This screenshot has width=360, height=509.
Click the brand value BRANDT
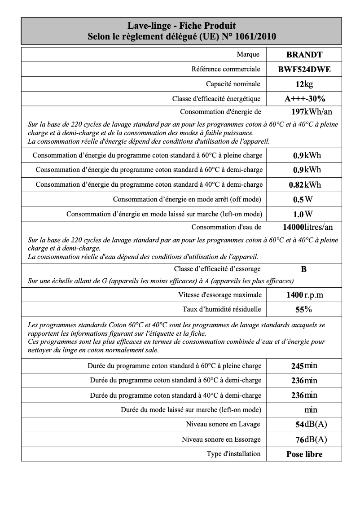tap(304, 55)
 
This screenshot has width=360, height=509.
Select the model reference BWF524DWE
tap(304, 70)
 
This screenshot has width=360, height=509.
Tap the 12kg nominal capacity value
tap(304, 84)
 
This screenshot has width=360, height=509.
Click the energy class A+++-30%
tap(304, 99)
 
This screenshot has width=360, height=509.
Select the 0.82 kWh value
tap(304, 184)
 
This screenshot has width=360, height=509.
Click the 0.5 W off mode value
tap(303, 199)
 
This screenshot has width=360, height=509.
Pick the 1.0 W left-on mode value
tap(303, 214)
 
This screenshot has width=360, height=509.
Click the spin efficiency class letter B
tap(304, 269)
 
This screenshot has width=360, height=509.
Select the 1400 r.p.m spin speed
tap(304, 295)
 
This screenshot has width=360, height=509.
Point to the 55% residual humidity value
tap(304, 309)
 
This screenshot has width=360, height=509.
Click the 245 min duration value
tap(304, 366)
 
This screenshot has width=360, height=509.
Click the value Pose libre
tap(304, 454)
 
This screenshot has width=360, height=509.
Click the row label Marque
tap(248, 55)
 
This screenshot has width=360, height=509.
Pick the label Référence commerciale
tap(225, 70)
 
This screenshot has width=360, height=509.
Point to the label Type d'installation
tap(233, 454)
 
